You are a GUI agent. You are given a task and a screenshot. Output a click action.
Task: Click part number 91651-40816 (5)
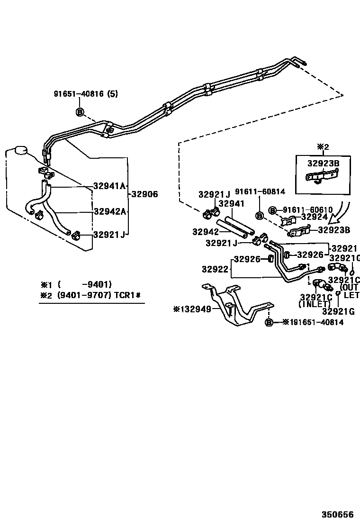click(x=85, y=94)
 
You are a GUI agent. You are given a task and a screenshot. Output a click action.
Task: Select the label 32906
click(x=144, y=194)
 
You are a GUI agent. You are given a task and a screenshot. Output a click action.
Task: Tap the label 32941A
click(x=109, y=186)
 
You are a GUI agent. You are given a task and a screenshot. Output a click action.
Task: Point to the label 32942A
click(x=109, y=211)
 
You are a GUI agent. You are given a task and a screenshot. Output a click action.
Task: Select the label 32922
click(x=216, y=269)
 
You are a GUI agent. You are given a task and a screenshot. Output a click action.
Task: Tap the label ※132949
click(x=196, y=309)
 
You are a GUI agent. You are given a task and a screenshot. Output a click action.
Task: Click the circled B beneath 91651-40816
click(x=80, y=112)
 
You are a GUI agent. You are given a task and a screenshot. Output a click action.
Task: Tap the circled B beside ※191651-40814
click(x=269, y=322)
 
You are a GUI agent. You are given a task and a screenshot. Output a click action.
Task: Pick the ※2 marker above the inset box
click(x=323, y=147)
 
